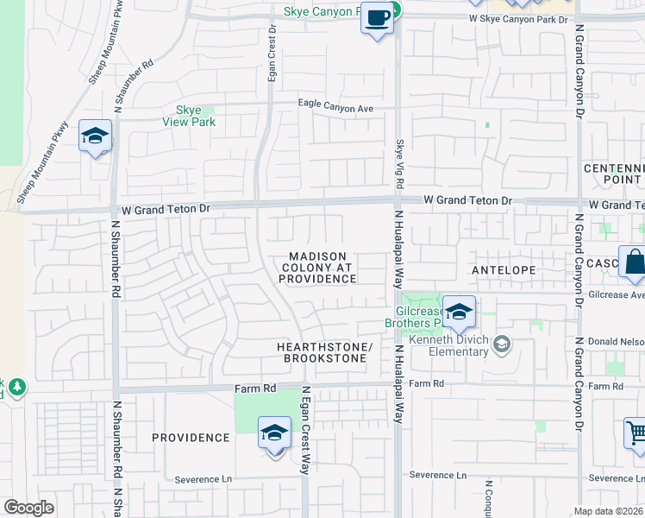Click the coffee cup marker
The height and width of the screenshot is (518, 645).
[377, 17]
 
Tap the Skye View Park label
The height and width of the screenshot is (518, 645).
[189, 116]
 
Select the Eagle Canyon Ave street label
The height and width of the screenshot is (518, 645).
[335, 106]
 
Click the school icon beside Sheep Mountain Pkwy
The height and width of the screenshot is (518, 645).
[95, 136]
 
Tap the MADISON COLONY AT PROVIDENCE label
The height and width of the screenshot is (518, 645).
[318, 268]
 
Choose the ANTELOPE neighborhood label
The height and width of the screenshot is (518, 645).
[504, 270]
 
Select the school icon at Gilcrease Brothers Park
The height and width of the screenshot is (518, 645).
[459, 313]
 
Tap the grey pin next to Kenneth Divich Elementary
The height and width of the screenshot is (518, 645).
[500, 345]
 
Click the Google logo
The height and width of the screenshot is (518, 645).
[28, 508]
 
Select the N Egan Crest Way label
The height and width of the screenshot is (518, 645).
[305, 429]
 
